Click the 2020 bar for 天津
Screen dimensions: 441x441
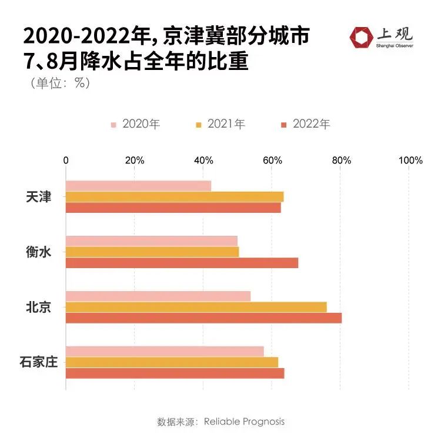138,186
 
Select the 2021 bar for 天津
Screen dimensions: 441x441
175,196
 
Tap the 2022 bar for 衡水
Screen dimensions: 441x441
182,263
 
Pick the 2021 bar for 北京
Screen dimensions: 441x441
196,307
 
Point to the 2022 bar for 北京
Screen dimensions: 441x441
203,318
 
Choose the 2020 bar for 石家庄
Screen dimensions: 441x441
165,351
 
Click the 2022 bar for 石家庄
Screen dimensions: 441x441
175,373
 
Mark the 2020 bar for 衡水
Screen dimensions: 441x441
152,240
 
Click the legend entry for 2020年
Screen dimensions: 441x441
135,124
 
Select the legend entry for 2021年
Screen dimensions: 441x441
220,124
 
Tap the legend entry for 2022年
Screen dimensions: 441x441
305,124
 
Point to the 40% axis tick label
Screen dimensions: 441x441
203,161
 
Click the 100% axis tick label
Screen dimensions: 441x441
410,161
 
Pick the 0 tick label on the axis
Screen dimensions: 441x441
66,161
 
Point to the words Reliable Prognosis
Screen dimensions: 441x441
244,422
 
